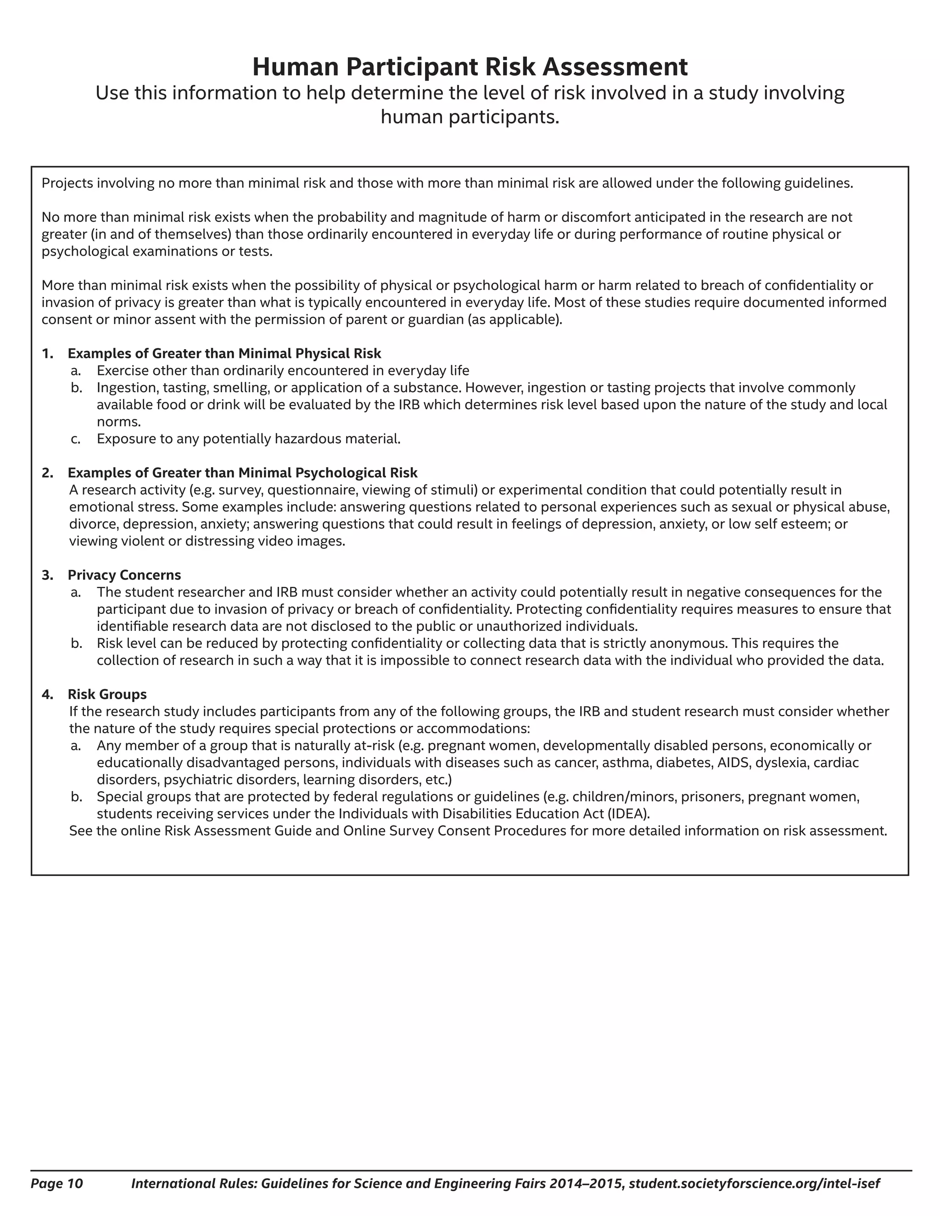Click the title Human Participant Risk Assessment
[470, 67]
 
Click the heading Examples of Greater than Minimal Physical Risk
[224, 353]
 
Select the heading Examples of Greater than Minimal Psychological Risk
[242, 473]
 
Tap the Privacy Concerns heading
[124, 575]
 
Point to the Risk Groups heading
[107, 694]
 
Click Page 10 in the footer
[56, 1183]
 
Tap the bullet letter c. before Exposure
[76, 439]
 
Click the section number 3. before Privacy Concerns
[47, 575]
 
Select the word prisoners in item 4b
[715, 797]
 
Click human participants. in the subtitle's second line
[470, 117]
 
